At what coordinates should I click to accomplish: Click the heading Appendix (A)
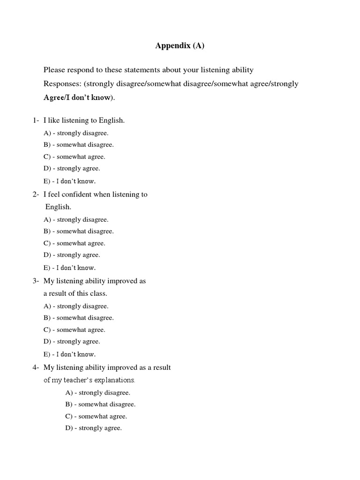(180, 46)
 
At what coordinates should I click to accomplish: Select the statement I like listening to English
(84, 120)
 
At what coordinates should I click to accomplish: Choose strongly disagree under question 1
(76, 133)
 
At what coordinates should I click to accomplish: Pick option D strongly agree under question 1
(72, 168)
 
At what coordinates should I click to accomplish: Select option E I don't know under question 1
(69, 181)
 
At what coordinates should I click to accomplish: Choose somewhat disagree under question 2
(79, 231)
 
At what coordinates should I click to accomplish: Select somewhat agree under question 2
(75, 243)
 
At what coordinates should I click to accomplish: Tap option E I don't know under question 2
(69, 268)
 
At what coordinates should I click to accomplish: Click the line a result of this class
(75, 293)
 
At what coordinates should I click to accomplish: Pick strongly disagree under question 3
(76, 306)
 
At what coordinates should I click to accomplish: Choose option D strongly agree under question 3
(72, 342)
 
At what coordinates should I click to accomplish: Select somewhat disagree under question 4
(100, 404)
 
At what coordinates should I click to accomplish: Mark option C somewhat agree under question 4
(96, 416)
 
